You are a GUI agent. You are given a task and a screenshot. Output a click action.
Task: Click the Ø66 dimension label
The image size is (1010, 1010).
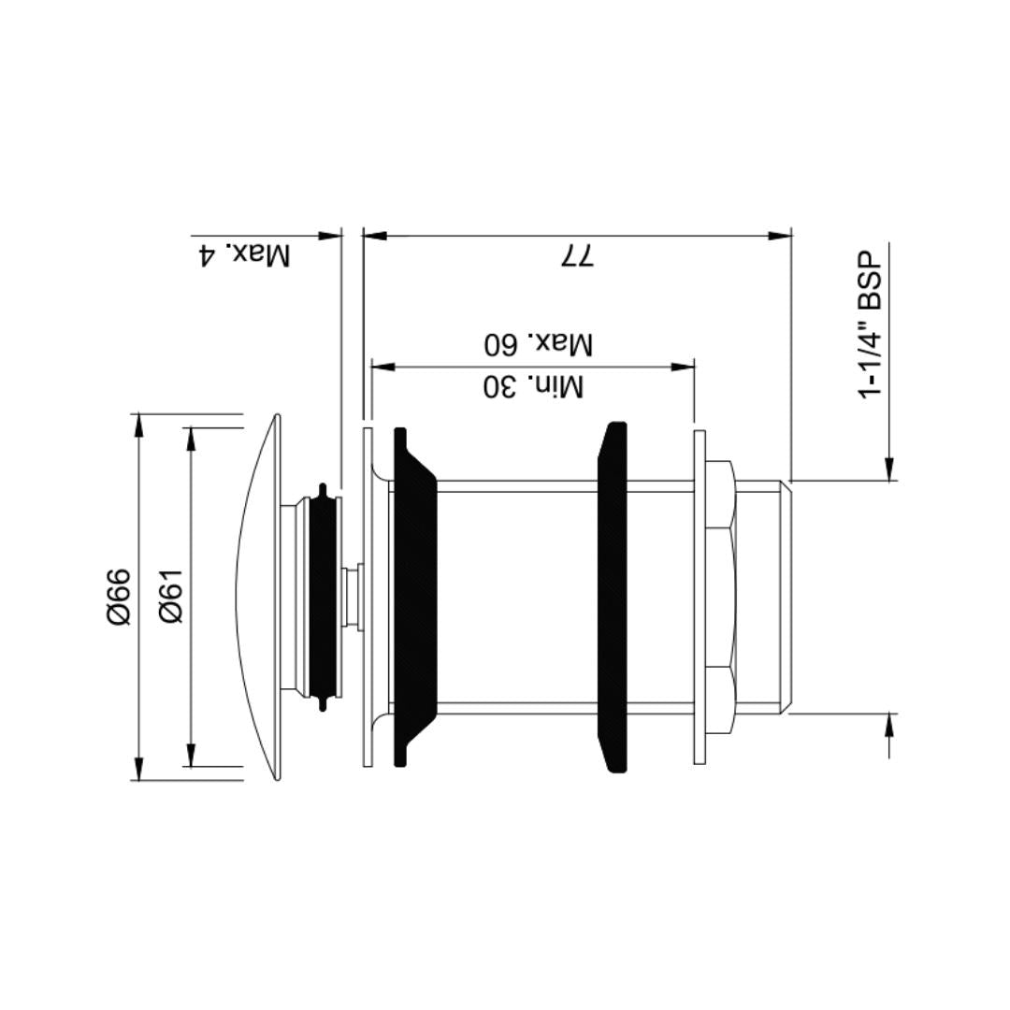119,597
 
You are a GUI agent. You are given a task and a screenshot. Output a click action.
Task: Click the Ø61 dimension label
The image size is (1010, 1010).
172,597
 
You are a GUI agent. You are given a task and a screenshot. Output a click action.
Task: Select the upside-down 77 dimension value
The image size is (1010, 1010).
577,256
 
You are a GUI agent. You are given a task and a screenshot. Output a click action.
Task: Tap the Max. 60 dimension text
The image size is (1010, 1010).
538,343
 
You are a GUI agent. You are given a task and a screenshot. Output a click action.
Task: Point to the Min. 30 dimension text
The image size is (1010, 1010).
533,385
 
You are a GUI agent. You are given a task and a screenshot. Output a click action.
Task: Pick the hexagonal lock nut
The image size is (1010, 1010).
720,597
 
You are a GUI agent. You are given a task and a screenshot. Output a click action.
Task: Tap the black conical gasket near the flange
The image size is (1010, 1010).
413,597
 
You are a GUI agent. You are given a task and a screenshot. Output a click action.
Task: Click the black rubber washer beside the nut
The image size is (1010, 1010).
613,597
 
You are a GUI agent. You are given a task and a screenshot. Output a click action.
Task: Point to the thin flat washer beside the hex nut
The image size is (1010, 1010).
699,597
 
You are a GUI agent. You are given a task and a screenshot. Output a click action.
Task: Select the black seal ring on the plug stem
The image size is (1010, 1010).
323,597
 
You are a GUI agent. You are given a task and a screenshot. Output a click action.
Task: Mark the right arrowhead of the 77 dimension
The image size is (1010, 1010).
780,236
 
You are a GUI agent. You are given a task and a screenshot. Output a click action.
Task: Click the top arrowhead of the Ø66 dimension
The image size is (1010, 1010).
138,425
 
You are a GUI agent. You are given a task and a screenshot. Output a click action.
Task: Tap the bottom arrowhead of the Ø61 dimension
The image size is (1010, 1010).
191,756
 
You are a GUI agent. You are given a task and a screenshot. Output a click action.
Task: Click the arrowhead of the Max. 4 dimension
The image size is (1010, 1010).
329,236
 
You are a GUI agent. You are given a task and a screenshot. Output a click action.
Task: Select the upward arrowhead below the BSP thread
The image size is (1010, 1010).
889,724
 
